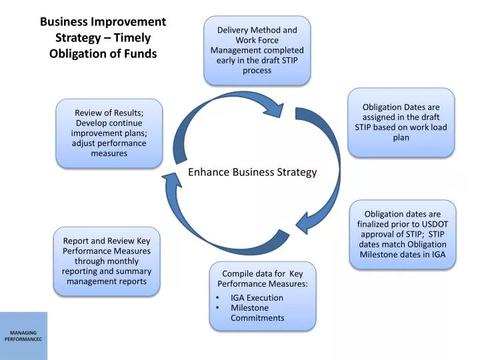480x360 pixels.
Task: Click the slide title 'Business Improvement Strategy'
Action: [x=103, y=22]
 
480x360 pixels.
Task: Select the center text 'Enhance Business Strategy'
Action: [x=252, y=172]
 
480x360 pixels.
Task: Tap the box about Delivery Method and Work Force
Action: [x=257, y=50]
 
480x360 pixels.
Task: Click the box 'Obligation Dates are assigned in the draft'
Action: [x=401, y=122]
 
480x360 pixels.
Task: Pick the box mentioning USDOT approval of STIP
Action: [x=401, y=234]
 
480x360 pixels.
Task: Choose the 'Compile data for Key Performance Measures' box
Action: [x=262, y=295]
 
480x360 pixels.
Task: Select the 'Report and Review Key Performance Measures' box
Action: [x=107, y=261]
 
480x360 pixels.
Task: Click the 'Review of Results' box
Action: [x=109, y=133]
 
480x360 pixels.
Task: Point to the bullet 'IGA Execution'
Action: [x=257, y=298]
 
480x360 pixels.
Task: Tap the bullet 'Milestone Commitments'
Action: [x=257, y=313]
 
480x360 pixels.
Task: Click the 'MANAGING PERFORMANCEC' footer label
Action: [x=23, y=336]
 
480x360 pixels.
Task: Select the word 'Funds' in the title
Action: [x=141, y=53]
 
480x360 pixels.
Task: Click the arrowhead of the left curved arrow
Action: [x=167, y=174]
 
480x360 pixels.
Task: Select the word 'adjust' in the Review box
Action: [x=85, y=143]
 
